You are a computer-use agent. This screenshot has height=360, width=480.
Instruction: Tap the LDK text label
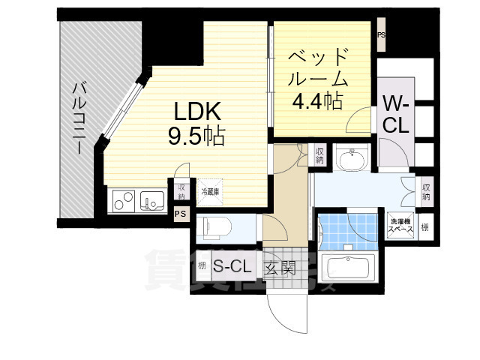point(196,112)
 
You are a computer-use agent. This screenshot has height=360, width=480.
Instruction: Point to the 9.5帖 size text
point(196,137)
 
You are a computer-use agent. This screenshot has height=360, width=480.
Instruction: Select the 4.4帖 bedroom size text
point(319,100)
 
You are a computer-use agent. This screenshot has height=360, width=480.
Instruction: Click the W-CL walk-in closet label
point(395,113)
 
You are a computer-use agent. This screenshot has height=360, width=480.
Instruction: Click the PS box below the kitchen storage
point(180,214)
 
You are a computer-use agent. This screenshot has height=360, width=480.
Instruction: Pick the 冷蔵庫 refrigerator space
point(209,192)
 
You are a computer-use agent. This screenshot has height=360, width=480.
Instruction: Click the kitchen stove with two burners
point(124,200)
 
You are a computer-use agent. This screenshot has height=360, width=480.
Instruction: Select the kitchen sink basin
point(153,200)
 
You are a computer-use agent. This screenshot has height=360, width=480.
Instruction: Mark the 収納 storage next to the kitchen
point(181,190)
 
